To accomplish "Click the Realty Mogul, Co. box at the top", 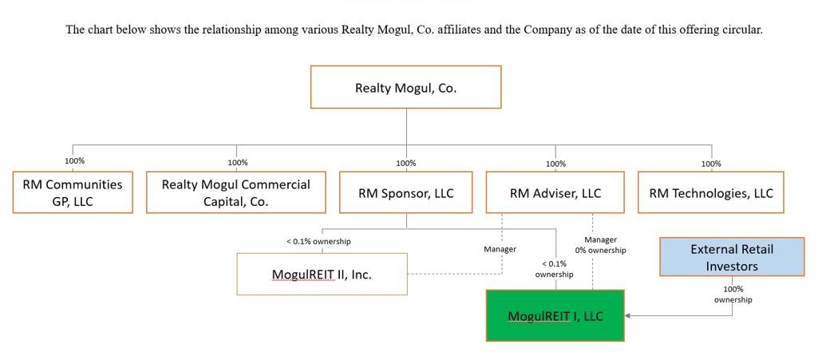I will pos(405,87).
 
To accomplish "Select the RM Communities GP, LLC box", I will pos(73,192).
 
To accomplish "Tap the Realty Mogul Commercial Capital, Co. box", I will pos(236,192).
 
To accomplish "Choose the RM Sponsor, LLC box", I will pos(405,192).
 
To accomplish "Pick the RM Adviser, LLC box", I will pos(555,192).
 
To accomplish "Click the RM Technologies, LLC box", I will pos(711,192).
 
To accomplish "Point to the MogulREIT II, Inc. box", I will pos(322,274).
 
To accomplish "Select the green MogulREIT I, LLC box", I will pos(555,316).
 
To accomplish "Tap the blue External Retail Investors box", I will pos(732,257).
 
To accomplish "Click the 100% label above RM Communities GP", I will pos(75,161).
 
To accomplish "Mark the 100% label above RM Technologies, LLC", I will pos(711,164).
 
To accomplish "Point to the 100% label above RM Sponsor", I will pos(406,163).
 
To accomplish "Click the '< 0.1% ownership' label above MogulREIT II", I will pos(318,241).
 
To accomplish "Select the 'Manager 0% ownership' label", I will pos(600,244).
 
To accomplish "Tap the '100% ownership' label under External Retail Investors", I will pos(733,295).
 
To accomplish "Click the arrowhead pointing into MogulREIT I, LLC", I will pos(628,316).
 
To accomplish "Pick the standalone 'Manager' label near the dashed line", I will pos(500,249).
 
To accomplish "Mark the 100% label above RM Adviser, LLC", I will pos(556,164).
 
